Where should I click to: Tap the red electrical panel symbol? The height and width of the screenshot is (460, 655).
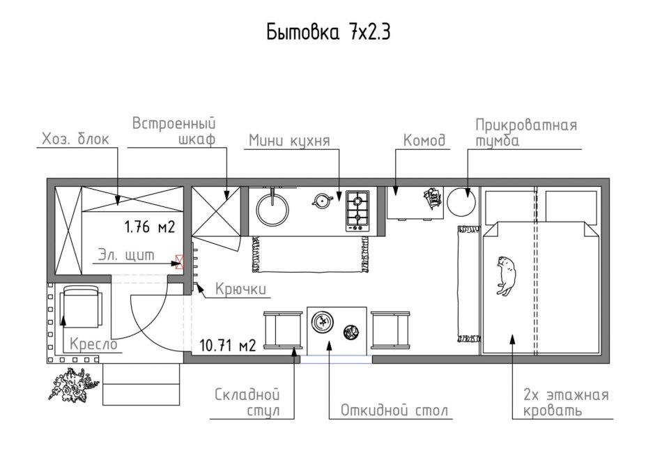[182, 261]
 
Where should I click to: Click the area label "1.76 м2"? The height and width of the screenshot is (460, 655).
[148, 227]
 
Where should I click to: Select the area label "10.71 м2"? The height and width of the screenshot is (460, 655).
[227, 344]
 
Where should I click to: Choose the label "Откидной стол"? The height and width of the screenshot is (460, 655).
[394, 410]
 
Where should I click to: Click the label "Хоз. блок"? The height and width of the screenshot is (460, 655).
[75, 139]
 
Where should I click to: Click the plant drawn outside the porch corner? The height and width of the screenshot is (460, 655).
[72, 385]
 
